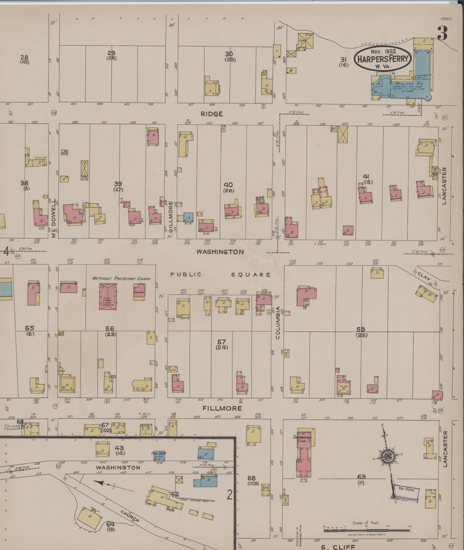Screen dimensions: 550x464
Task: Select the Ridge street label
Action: tap(212, 114)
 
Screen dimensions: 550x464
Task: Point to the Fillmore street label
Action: tap(222, 408)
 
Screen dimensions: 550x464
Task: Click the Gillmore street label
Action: tap(171, 217)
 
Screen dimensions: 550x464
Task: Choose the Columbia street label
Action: tap(278, 322)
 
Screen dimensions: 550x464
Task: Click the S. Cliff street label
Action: tap(338, 547)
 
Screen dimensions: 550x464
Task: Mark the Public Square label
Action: tap(220, 275)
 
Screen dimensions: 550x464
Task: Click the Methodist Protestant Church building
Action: tap(108, 296)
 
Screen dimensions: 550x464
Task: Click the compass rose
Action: tap(387, 457)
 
